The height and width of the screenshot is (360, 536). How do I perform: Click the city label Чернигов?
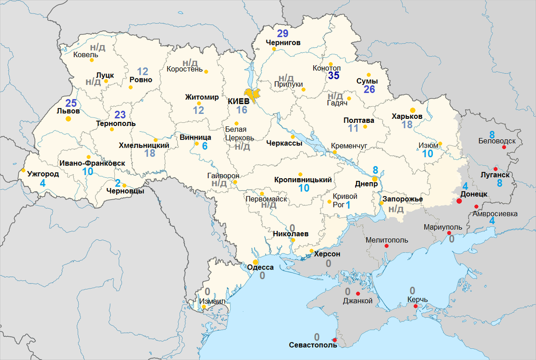click(x=283, y=43)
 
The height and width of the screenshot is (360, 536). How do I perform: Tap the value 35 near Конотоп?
click(x=333, y=76)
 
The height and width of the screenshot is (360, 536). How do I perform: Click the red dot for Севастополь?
click(x=334, y=340)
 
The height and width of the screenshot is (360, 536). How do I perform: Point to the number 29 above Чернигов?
click(x=283, y=34)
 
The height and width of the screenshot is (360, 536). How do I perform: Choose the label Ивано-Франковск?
click(x=92, y=163)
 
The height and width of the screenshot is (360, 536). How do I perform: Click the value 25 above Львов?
click(x=71, y=103)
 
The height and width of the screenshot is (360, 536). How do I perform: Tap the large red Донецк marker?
click(x=459, y=201)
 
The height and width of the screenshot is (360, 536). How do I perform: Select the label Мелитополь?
click(x=387, y=240)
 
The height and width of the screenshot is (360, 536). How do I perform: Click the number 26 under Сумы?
click(x=369, y=89)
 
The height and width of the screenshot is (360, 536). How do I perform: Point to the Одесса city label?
click(x=261, y=267)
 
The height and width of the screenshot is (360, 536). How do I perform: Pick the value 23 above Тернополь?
click(x=120, y=114)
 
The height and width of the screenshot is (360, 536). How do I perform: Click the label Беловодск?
click(x=497, y=141)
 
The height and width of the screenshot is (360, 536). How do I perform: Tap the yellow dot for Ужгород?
click(x=23, y=170)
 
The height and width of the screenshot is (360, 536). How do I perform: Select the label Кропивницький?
click(x=303, y=180)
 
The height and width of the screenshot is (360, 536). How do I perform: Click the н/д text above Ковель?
click(x=98, y=47)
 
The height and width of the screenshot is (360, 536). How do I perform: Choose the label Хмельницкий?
click(x=144, y=145)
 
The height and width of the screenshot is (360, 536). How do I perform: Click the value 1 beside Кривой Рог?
click(x=347, y=205)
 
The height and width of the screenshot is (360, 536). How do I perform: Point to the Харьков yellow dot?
click(x=412, y=109)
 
